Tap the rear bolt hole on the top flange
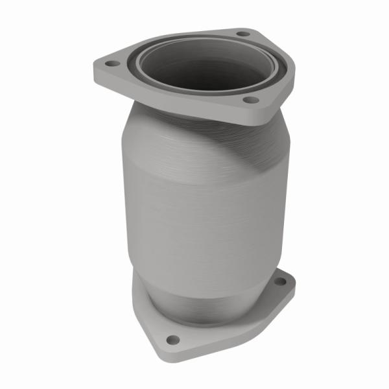(243, 33)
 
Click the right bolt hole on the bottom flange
(280, 283)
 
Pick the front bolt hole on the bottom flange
(172, 340)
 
